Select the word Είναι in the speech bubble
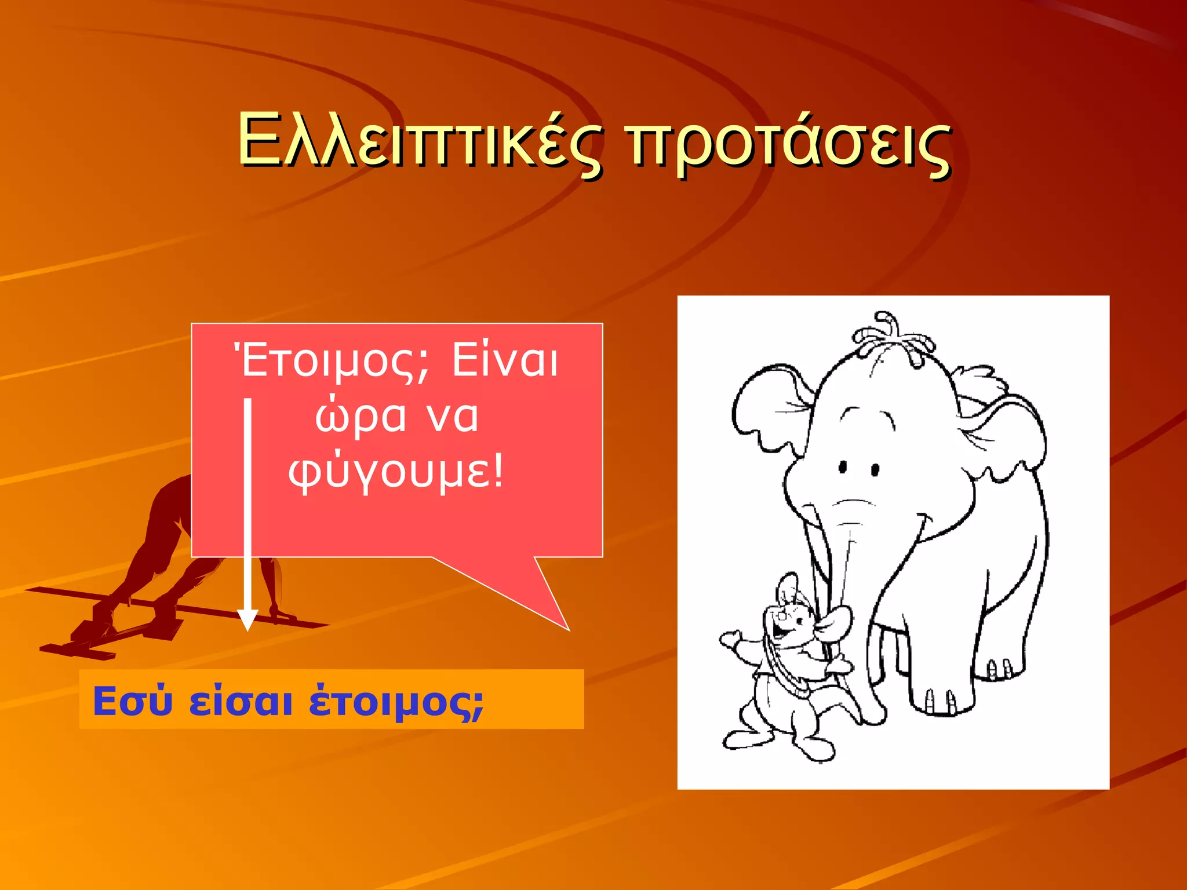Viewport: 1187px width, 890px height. [504, 360]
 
